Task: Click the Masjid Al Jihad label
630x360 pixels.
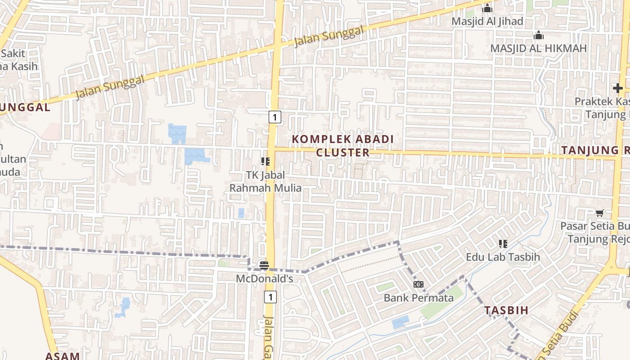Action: [x=487, y=21]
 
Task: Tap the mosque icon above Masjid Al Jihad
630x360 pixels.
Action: [x=487, y=8]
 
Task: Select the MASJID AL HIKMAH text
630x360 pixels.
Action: [x=538, y=48]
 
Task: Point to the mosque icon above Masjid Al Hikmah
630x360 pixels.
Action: [x=539, y=35]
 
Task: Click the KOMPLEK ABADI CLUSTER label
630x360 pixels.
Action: [x=343, y=145]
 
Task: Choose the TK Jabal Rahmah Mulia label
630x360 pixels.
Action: [x=265, y=181]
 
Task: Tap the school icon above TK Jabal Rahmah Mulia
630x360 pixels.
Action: [x=265, y=161]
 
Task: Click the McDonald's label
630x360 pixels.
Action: [x=265, y=279]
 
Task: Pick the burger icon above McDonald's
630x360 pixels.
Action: [x=264, y=265]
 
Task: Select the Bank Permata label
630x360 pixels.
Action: [x=418, y=298]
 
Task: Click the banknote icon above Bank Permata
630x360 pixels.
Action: [x=418, y=284]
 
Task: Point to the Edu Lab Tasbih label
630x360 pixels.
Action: [x=503, y=257]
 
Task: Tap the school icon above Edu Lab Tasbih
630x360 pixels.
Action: [x=503, y=244]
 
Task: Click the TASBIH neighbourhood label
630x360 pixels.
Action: [x=506, y=310]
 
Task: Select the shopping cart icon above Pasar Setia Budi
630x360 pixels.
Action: [x=599, y=213]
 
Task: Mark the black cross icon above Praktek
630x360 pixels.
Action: [x=617, y=88]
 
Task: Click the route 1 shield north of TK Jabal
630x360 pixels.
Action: [x=275, y=117]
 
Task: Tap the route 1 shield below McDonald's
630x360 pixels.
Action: [x=270, y=297]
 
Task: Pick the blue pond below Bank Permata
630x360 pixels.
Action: [x=400, y=322]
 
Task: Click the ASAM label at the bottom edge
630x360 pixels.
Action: [x=62, y=355]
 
